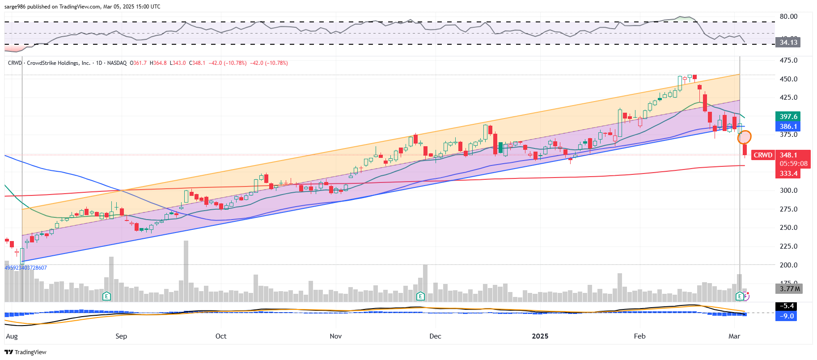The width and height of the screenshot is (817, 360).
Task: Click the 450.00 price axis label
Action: tap(788, 79)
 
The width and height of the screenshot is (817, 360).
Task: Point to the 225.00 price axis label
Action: tap(788, 246)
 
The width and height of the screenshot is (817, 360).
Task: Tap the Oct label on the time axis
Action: tap(221, 336)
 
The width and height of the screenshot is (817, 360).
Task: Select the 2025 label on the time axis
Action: tap(540, 336)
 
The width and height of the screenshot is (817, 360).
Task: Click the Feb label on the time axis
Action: tap(639, 336)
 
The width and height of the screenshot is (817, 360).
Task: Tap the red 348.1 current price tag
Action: tap(788, 155)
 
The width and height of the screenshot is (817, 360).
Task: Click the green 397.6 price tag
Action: tap(788, 117)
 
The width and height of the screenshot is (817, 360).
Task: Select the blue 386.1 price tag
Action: tap(788, 127)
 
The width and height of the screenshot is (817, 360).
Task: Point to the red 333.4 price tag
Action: tap(788, 174)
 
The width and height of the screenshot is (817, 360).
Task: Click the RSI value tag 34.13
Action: tap(788, 42)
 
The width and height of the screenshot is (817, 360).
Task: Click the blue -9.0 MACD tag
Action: tap(787, 316)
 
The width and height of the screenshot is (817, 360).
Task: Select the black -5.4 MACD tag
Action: tap(787, 306)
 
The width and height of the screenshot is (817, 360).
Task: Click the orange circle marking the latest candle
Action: tap(744, 137)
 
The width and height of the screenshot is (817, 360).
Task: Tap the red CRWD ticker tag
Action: tap(763, 155)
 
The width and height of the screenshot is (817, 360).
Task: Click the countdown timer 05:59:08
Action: tap(793, 164)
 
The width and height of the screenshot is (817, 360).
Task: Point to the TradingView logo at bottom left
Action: tap(25, 352)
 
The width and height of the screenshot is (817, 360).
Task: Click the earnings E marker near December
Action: tap(420, 296)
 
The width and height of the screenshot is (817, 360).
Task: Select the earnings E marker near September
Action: tap(106, 296)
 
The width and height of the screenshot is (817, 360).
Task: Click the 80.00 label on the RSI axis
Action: tap(788, 17)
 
